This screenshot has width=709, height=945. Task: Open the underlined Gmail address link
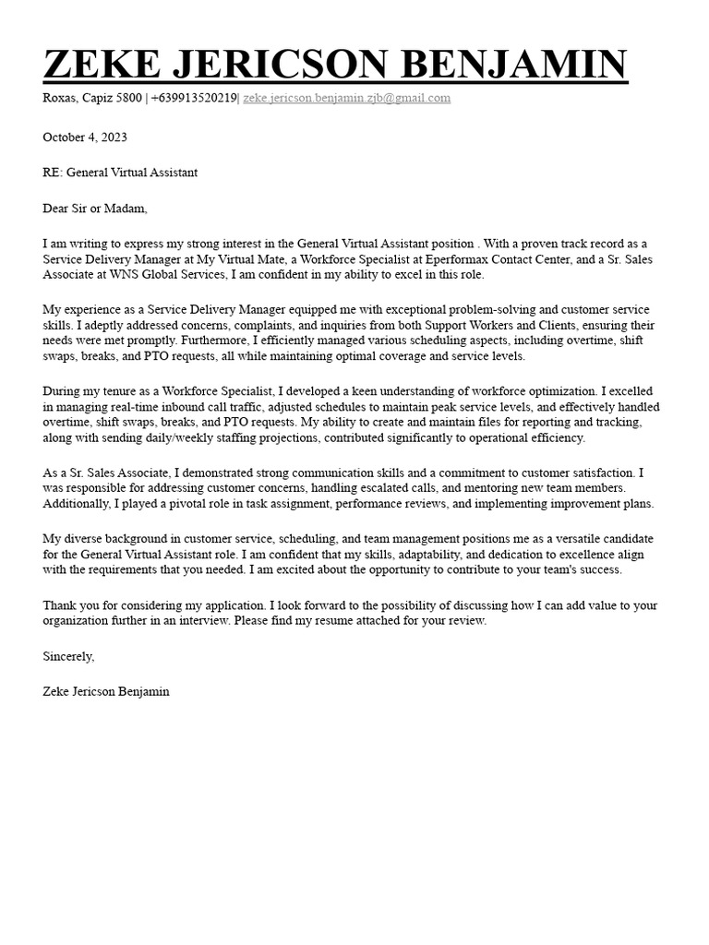tap(346, 98)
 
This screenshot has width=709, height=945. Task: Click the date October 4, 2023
tap(85, 138)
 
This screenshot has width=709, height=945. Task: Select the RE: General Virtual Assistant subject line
tap(120, 173)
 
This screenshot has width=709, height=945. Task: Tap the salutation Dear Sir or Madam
tap(95, 209)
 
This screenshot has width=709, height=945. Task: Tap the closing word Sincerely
tap(68, 656)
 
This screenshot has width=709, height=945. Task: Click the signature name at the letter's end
tap(106, 691)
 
